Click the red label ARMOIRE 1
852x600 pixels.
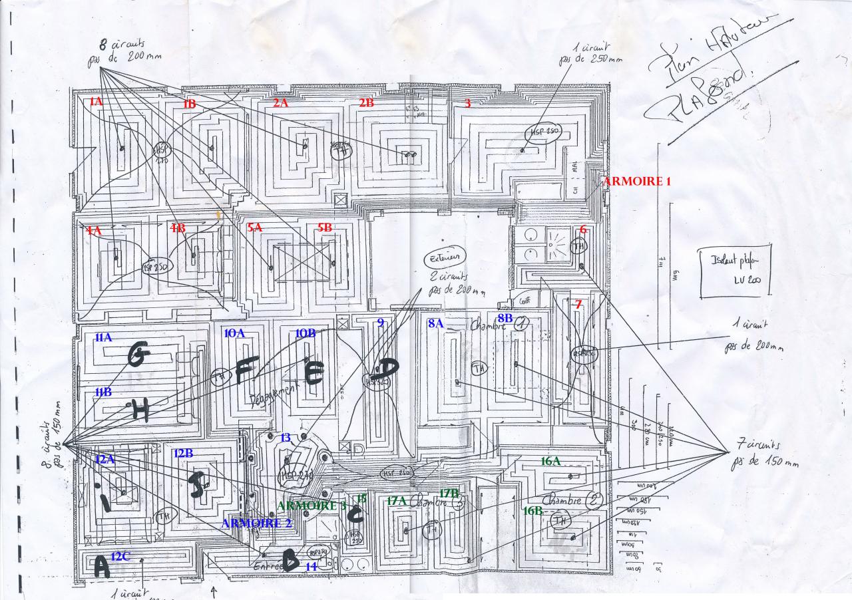click(x=636, y=181)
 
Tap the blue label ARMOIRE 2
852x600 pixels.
click(x=257, y=523)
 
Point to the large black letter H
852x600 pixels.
click(x=140, y=412)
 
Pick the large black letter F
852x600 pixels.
click(x=245, y=371)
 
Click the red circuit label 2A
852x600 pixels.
click(x=280, y=103)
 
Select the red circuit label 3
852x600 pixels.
click(x=467, y=103)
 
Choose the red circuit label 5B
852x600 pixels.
click(x=324, y=227)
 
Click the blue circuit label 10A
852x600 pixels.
click(x=234, y=333)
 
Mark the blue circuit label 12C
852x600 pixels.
click(x=120, y=556)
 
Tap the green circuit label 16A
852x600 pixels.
click(x=550, y=460)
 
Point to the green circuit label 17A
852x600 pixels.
click(x=397, y=501)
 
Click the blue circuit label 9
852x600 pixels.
click(x=380, y=323)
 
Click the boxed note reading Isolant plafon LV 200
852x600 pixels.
click(x=735, y=273)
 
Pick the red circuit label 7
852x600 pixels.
click(x=578, y=305)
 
